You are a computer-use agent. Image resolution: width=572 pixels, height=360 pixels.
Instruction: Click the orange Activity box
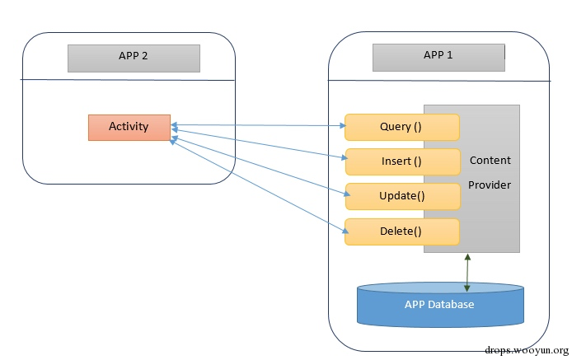(129, 128)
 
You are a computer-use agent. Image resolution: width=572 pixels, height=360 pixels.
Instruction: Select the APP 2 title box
(134, 58)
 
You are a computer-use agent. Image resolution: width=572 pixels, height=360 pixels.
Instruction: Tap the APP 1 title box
(438, 58)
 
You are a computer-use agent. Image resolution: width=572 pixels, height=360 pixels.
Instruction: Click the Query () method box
(402, 127)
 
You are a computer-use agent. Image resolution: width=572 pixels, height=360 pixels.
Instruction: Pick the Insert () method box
(403, 161)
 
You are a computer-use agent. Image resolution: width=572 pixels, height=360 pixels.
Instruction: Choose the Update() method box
(403, 196)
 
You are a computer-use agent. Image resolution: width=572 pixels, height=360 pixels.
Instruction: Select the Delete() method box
(402, 231)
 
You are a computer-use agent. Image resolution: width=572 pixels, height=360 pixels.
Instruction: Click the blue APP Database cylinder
(440, 305)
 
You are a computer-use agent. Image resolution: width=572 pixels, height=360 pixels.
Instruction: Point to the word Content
(490, 160)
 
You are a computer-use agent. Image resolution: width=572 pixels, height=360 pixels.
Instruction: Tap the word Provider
(490, 185)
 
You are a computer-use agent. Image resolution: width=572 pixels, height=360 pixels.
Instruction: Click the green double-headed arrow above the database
(467, 273)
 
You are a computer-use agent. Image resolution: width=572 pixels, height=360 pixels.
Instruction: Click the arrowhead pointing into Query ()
(343, 126)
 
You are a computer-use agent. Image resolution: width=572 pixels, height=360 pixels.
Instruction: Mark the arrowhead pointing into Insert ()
(344, 157)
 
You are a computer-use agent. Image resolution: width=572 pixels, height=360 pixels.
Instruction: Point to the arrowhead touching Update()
(347, 194)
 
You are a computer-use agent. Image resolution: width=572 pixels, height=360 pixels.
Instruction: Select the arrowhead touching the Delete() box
(345, 231)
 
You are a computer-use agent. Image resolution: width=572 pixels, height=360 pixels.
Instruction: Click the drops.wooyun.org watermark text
(527, 350)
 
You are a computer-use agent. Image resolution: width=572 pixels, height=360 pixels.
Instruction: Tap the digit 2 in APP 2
(144, 56)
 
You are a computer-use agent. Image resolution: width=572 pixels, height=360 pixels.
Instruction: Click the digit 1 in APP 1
(449, 55)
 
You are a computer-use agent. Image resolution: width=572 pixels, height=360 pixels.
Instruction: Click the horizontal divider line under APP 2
(127, 80)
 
